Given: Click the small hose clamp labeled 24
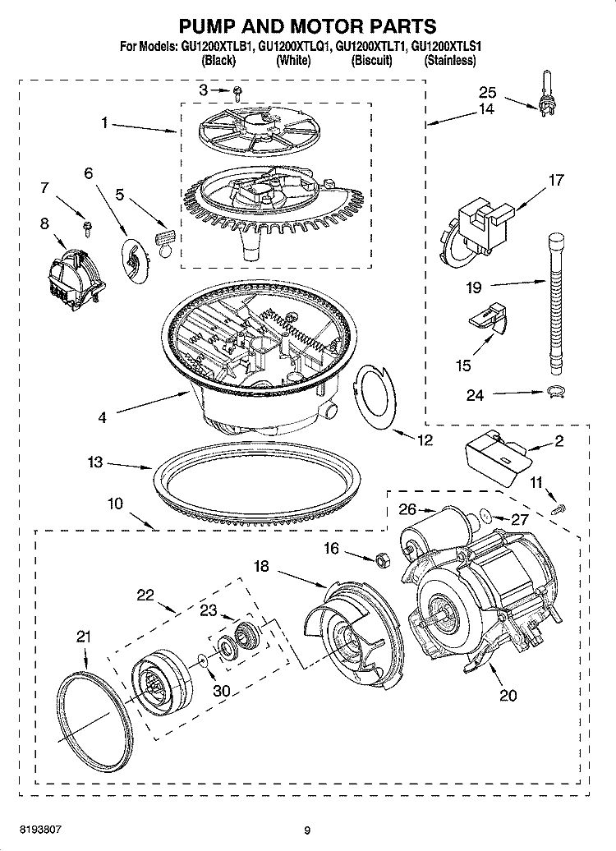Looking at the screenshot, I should [x=556, y=391].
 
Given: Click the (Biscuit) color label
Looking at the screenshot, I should [x=371, y=61].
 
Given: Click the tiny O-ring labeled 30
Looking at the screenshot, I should [x=202, y=657].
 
